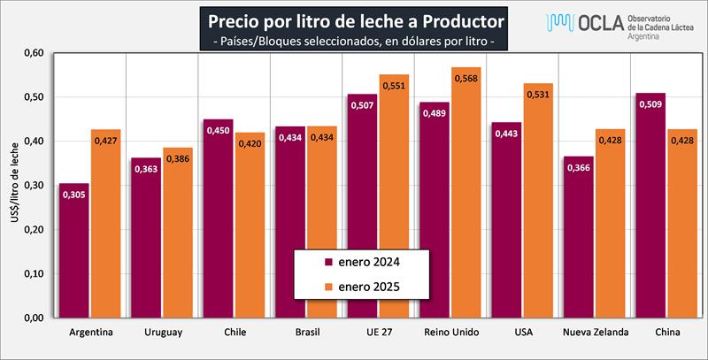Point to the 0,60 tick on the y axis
tap(34, 53)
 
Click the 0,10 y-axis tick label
tap(34, 274)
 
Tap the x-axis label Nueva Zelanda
tap(596, 333)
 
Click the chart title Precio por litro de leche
tap(354, 19)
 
